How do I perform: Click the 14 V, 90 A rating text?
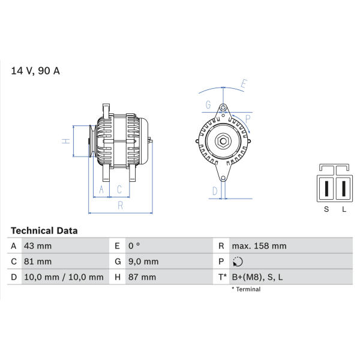pyautogui.click(x=35, y=71)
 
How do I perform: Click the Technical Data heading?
pyautogui.click(x=44, y=230)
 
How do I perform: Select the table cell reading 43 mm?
pyautogui.click(x=38, y=246)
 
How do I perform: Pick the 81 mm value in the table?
pyautogui.click(x=38, y=262)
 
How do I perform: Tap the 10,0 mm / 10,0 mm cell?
pyautogui.click(x=64, y=277)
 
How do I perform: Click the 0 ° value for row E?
pyautogui.click(x=134, y=246)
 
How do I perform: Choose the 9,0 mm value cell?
pyautogui.click(x=143, y=262)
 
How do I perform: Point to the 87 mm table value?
pyautogui.click(x=142, y=277)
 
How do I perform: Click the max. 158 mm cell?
pyautogui.click(x=259, y=246)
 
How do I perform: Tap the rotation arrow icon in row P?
pyautogui.click(x=238, y=262)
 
